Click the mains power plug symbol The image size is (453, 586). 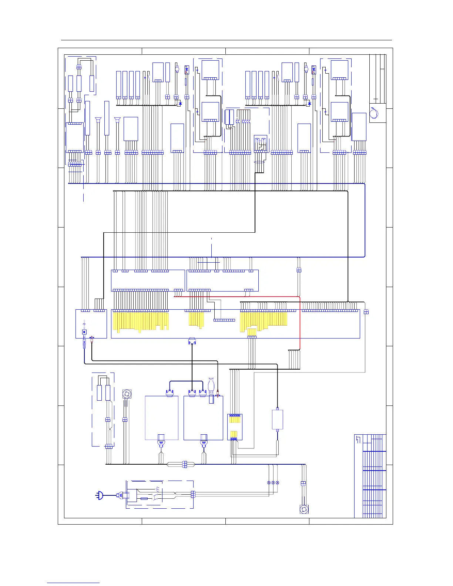[99, 495]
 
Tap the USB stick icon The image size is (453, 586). [211, 385]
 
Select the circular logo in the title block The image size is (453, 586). [374, 112]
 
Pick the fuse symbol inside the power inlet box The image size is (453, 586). [144, 499]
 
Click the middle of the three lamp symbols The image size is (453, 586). [273, 483]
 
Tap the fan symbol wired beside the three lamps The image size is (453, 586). [304, 509]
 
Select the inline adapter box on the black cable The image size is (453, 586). [278, 420]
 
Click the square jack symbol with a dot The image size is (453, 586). [84, 332]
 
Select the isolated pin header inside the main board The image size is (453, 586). [224, 320]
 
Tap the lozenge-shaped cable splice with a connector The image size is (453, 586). [184, 464]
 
